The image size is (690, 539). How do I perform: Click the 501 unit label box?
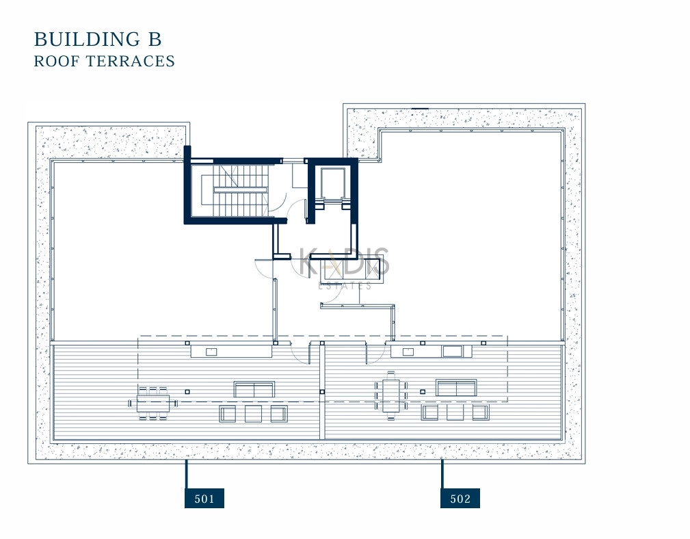pos(204,498)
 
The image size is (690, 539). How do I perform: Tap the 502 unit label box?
pos(460,498)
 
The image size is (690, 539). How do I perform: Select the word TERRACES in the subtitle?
pos(130,61)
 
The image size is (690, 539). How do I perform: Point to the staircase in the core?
pos(235,191)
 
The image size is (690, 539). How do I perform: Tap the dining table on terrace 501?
pos(153,403)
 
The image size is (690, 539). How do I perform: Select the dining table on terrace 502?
pos(390,395)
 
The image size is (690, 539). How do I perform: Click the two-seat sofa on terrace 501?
pos(254,389)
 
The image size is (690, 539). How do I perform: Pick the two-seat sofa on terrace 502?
pos(456,388)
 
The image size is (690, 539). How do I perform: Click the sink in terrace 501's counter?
pos(212,351)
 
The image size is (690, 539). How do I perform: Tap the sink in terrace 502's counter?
pos(408,351)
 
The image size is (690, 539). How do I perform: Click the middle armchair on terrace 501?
pos(253,414)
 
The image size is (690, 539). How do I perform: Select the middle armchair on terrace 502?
pos(455,412)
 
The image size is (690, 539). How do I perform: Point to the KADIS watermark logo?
pos(344,261)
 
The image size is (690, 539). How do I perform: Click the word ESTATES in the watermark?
pos(345,286)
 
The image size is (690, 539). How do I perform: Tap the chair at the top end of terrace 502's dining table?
pos(390,375)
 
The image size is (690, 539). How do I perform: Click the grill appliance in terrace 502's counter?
pos(453,351)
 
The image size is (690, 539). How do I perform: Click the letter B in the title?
pos(155,39)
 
